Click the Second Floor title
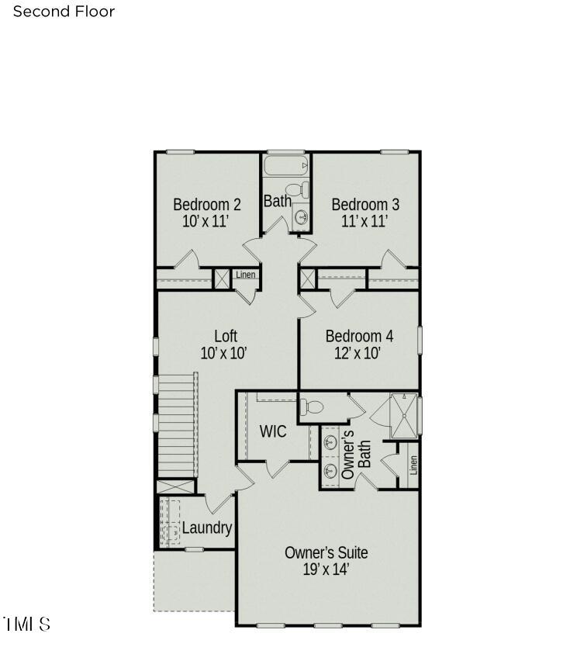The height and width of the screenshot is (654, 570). coord(64,12)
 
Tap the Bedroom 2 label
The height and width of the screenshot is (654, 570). coord(207,204)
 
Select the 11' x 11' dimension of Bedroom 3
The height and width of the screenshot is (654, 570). coord(364,220)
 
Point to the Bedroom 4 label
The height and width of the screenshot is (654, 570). coord(359,336)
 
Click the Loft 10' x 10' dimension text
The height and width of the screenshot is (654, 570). coord(224,353)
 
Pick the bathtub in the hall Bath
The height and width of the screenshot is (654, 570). coord(286,165)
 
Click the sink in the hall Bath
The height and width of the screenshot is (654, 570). coord(301,216)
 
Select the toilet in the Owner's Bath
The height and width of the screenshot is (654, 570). coord(312,407)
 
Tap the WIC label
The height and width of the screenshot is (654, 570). coord(273,431)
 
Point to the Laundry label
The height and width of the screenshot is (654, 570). coord(207,528)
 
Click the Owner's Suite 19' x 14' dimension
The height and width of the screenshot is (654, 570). coord(326,569)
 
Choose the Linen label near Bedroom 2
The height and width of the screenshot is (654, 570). coord(246,275)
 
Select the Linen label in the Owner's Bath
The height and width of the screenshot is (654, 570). coord(413,465)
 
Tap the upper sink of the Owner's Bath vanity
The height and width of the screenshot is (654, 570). coord(330,441)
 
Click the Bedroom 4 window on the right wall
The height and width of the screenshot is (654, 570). coord(420,340)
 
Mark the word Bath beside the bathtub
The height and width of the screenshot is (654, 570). coord(278,201)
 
